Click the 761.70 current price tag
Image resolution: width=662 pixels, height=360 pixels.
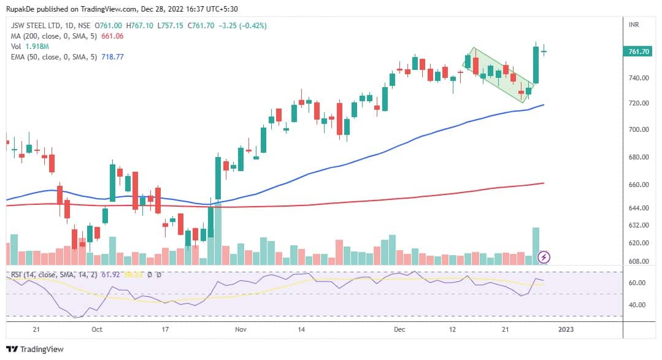639,52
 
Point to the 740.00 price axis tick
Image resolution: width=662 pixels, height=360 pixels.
639,78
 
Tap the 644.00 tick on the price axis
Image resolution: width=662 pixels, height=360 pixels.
639,208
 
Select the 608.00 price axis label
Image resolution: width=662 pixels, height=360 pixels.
639,261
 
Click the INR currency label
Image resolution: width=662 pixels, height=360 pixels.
635,25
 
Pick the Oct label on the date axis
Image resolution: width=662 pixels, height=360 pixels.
96,329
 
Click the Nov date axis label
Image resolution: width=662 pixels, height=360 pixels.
241,329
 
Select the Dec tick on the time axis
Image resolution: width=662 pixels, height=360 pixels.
400,329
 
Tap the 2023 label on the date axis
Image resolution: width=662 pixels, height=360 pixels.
566,329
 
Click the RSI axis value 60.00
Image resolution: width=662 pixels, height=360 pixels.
639,283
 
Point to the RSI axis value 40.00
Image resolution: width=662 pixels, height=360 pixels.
639,305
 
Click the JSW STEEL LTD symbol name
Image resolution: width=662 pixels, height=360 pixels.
35,26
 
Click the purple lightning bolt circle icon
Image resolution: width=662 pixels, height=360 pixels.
544,257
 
